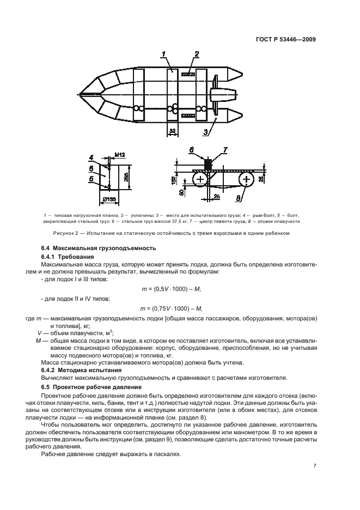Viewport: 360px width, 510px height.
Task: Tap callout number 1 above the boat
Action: tap(163, 53)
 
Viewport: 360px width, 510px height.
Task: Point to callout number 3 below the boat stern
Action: tap(206, 131)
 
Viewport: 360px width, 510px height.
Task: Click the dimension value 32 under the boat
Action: tap(173, 131)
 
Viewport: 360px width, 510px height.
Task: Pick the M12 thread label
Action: tap(120, 155)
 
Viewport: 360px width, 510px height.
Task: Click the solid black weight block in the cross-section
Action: tap(207, 163)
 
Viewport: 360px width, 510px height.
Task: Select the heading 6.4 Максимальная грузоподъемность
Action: tap(88, 247)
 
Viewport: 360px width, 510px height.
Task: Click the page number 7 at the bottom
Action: tap(315, 466)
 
